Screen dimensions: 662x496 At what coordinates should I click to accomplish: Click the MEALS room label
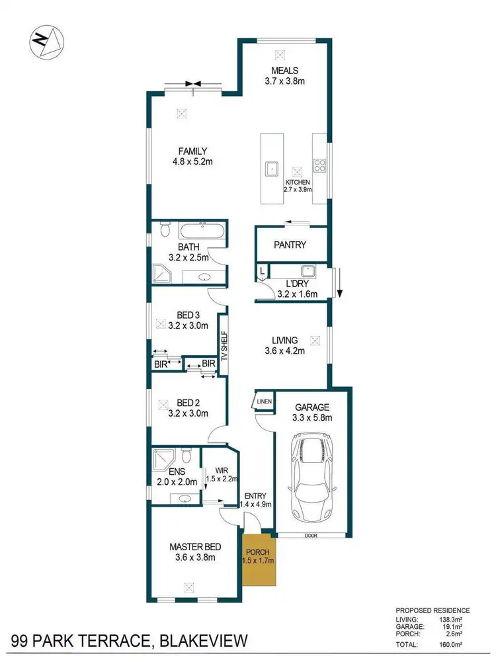pos(284,71)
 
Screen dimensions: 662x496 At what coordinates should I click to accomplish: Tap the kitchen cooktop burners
pos(320,165)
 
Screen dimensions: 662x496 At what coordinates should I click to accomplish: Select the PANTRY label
pos(290,245)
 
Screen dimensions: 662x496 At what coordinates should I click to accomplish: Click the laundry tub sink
pos(307,270)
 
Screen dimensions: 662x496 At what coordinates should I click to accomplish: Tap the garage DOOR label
pos(311,536)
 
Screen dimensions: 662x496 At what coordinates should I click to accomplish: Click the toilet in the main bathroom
pos(165,231)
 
